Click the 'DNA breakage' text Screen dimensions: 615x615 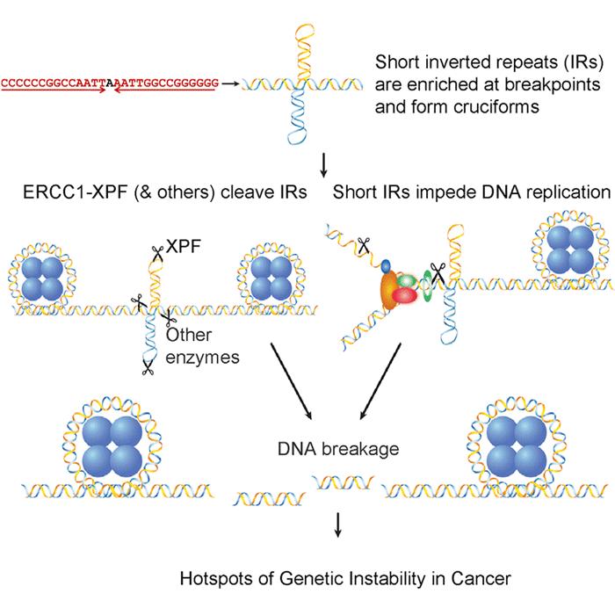point(336,450)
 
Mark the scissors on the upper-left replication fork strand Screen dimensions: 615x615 point(363,247)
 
